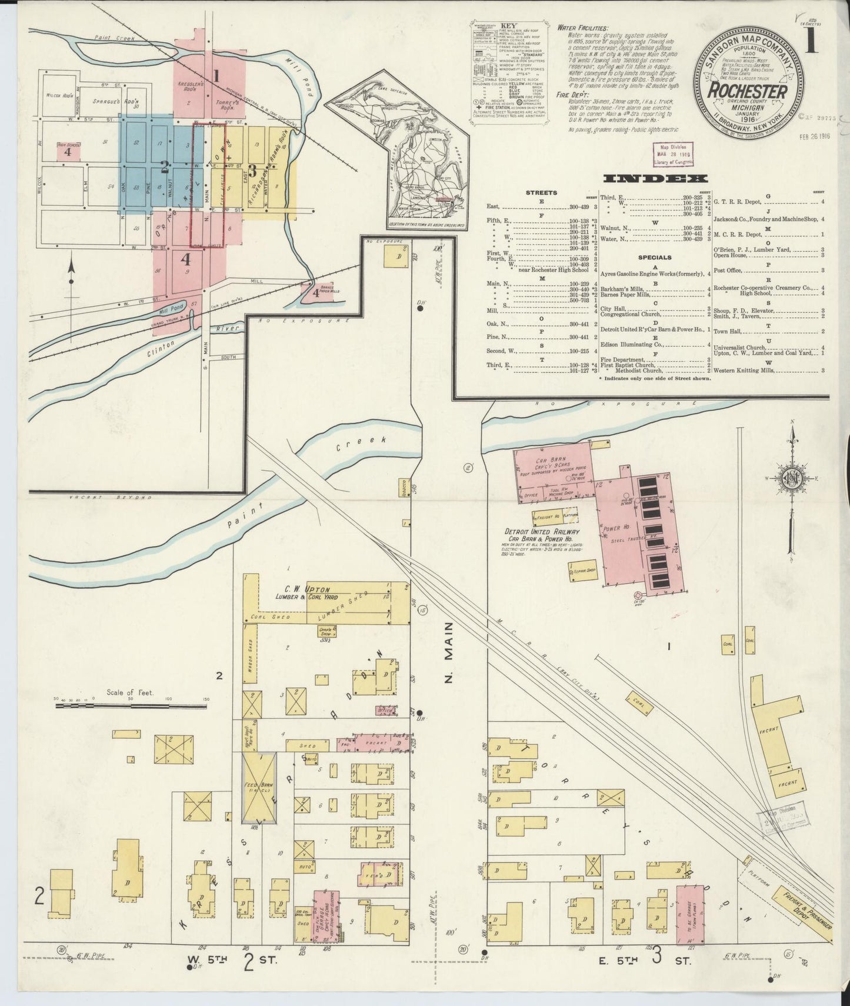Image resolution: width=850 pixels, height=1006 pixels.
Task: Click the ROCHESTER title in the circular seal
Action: tap(747, 92)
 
